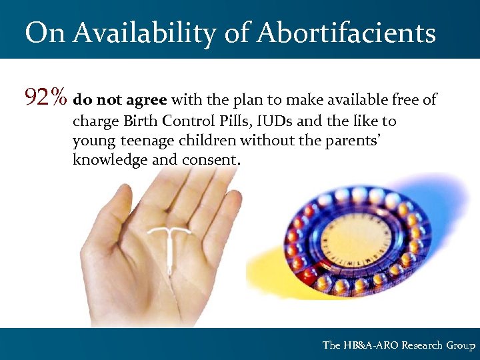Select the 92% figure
point(45,99)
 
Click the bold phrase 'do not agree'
point(120,101)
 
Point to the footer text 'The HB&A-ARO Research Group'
point(399,345)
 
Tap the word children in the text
point(206,141)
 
